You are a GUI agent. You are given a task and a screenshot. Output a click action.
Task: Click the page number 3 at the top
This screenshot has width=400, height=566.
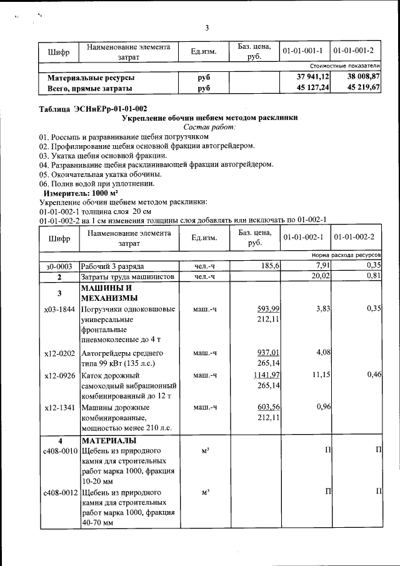206,28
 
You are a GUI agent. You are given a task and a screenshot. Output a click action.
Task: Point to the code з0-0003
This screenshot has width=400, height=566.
59,266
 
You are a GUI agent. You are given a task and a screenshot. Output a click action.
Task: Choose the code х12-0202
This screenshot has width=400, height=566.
59,353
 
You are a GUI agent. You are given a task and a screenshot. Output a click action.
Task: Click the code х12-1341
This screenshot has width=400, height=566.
59,407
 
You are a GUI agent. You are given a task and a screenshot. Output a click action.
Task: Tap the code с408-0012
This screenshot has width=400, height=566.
59,492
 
